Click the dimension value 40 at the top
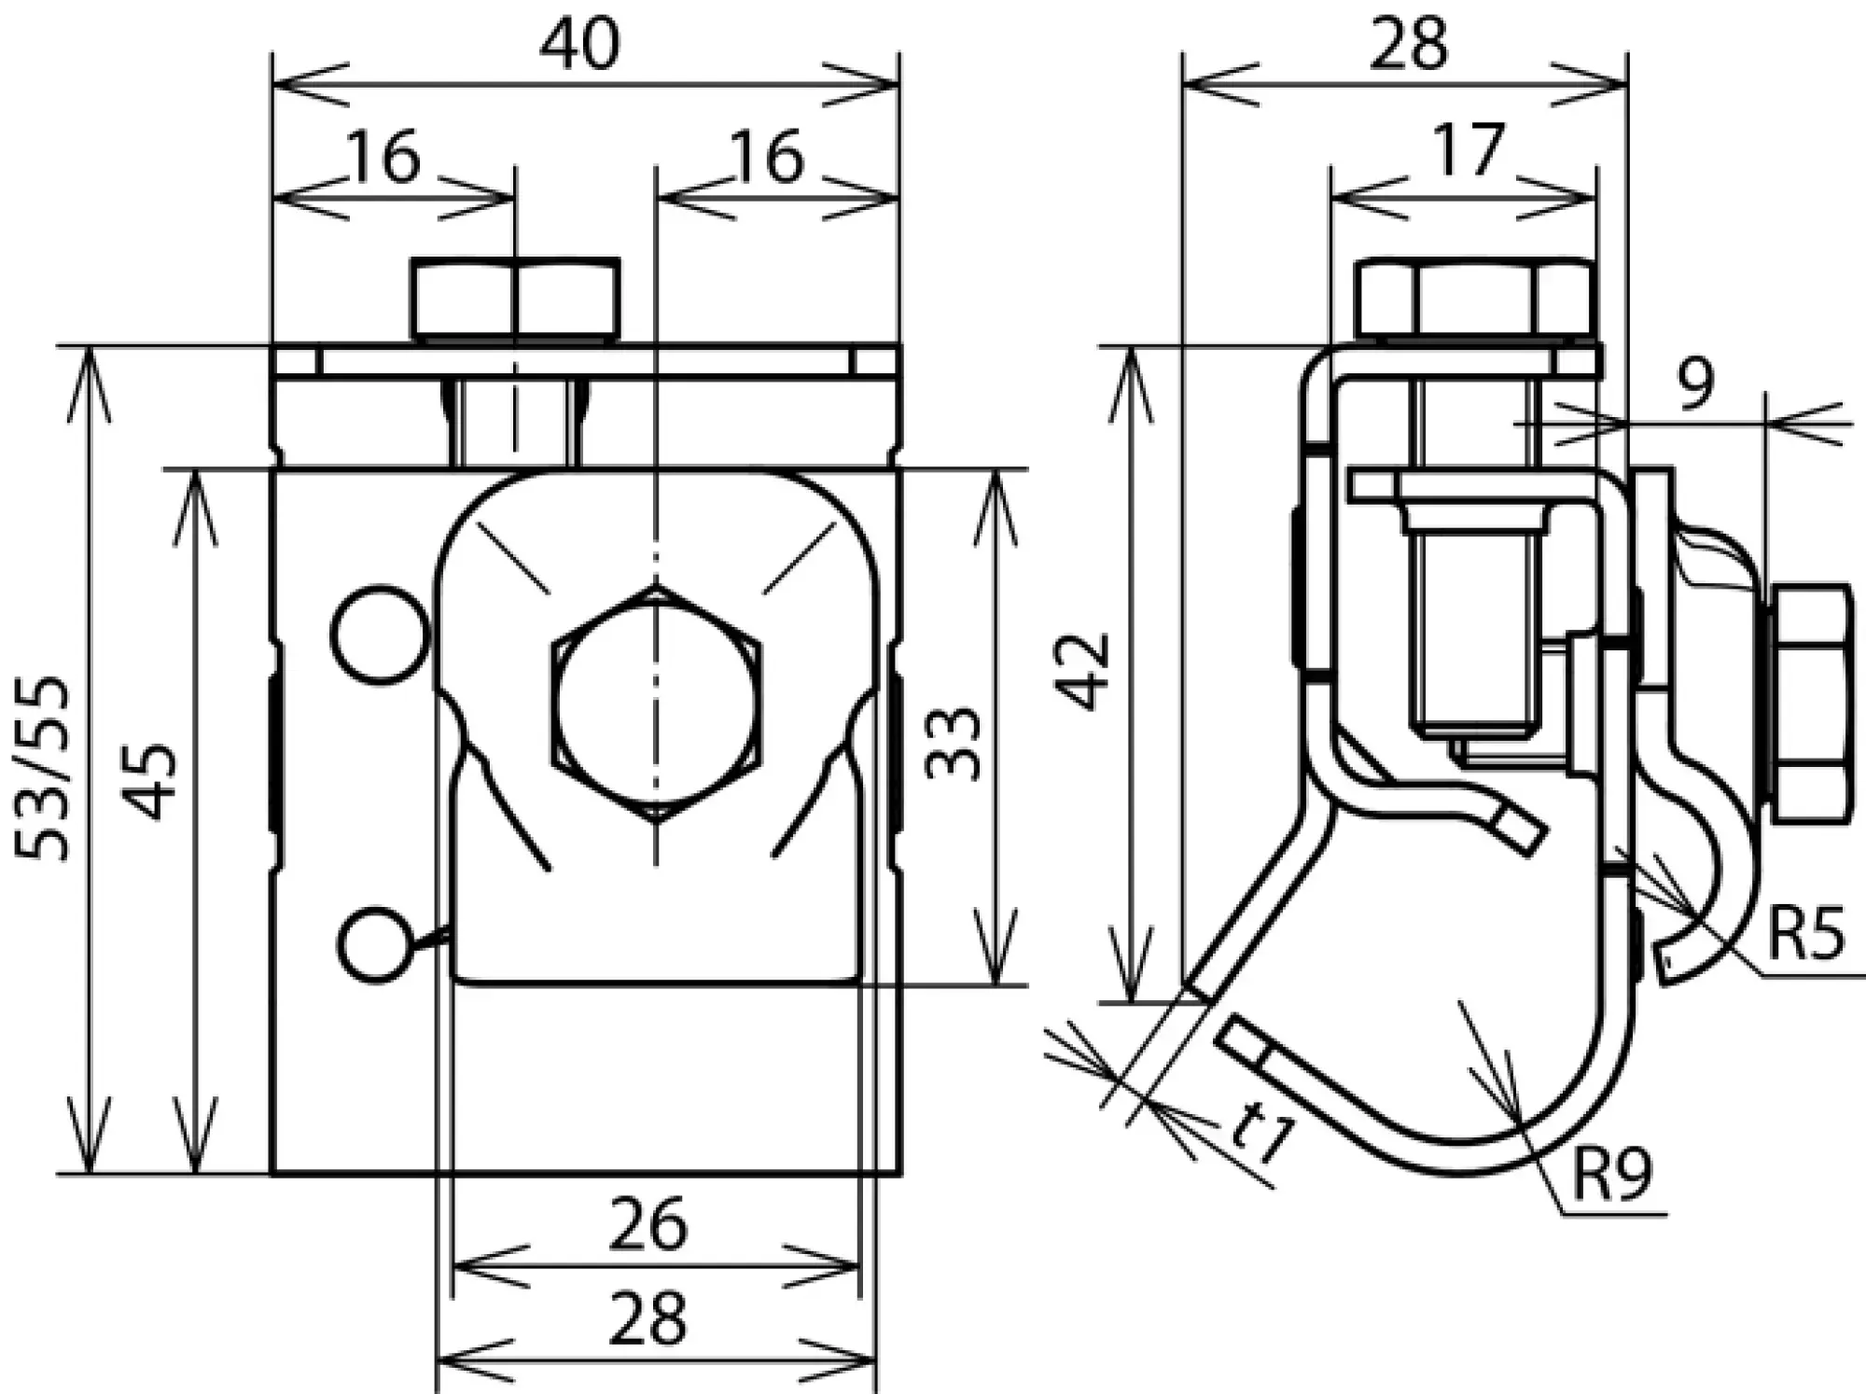[x=579, y=44]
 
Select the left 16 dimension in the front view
[x=383, y=157]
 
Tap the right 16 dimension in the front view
[x=767, y=157]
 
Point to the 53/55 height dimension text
[x=43, y=767]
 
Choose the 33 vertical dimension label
[x=954, y=743]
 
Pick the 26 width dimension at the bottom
[x=648, y=1225]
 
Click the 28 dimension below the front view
[x=648, y=1318]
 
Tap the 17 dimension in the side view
[x=1469, y=149]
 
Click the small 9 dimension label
[x=1694, y=383]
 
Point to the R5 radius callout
[x=1805, y=935]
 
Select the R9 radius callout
[x=1611, y=1175]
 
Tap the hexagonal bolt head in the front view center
[x=657, y=704]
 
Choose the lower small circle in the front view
[x=374, y=944]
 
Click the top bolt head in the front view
[x=515, y=299]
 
